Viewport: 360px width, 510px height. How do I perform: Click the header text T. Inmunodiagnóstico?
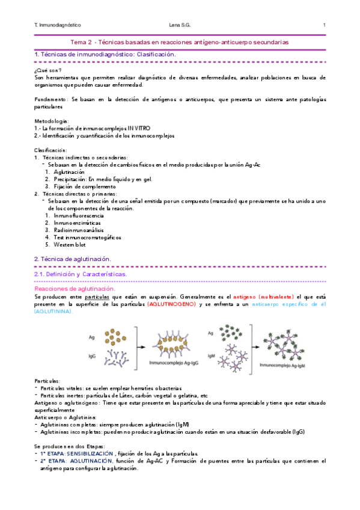point(58,25)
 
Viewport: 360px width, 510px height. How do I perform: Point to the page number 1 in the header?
point(324,25)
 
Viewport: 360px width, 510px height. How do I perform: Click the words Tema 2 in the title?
point(82,43)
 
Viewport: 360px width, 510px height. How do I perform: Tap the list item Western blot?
point(73,244)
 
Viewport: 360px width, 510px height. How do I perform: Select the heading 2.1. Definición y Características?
point(81,274)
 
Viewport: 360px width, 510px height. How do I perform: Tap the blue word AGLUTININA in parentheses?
point(52,312)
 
